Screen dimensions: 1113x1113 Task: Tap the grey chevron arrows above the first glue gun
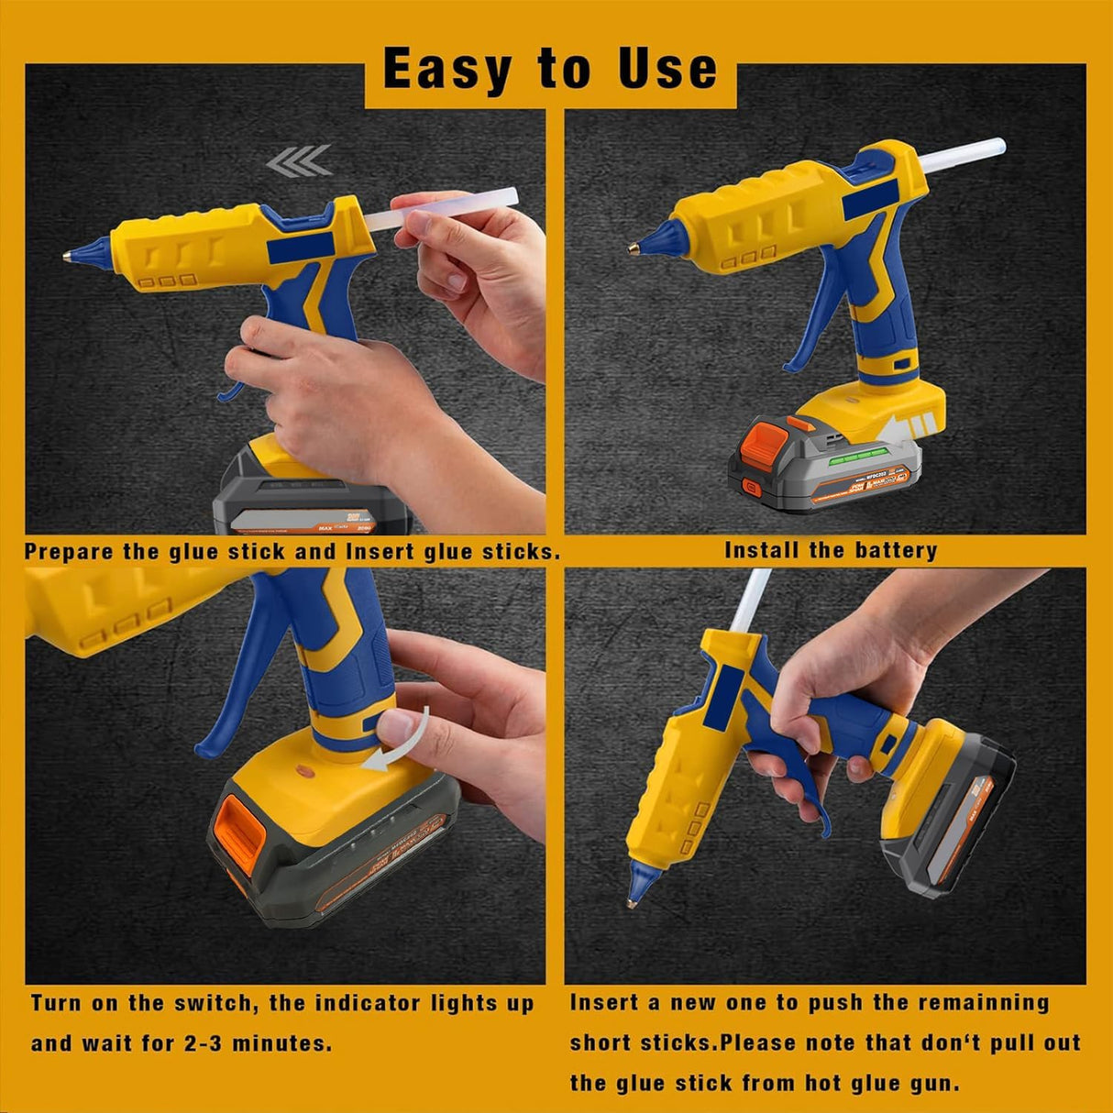(300, 161)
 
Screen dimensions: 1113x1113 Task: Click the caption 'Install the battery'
(831, 550)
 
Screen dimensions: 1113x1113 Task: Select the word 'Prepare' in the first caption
(69, 552)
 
